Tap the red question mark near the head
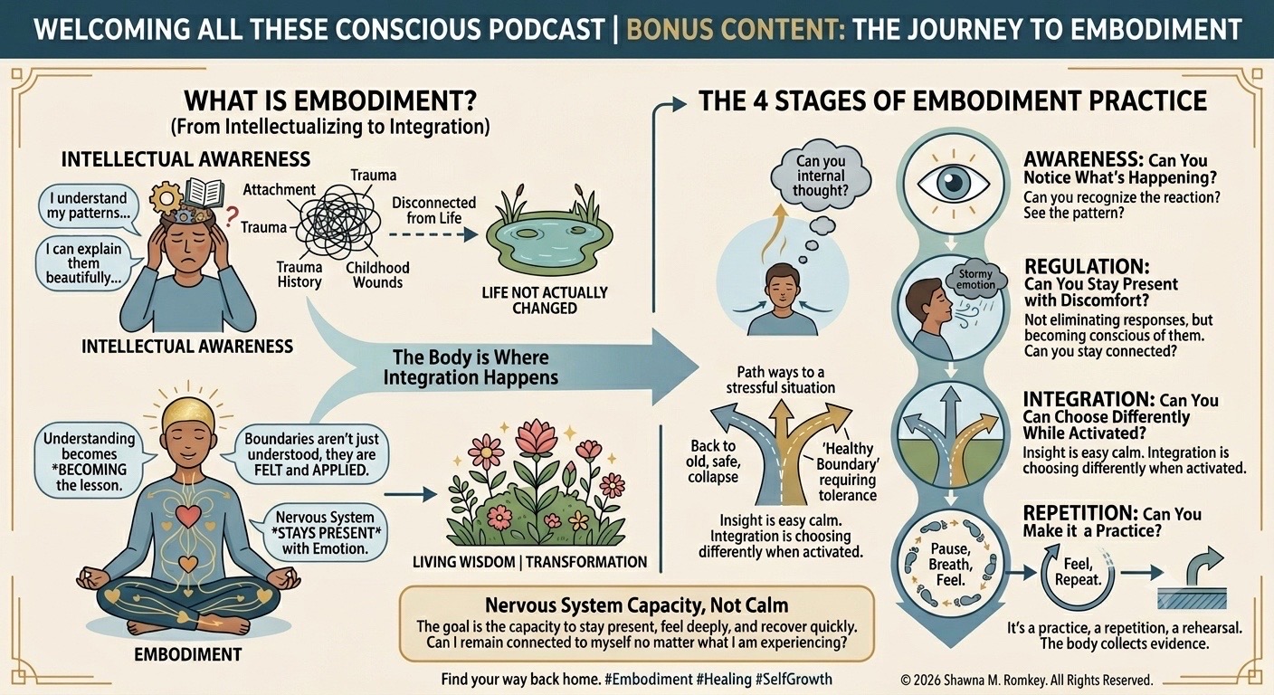click(231, 216)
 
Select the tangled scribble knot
click(337, 223)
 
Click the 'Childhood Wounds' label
click(377, 275)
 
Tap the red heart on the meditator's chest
click(187, 516)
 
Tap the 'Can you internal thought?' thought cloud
click(820, 176)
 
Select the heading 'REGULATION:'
click(1087, 266)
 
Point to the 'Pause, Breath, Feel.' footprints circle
click(950, 564)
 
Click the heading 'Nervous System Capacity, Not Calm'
click(636, 605)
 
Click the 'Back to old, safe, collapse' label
click(713, 462)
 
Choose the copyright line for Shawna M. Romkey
click(1027, 681)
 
